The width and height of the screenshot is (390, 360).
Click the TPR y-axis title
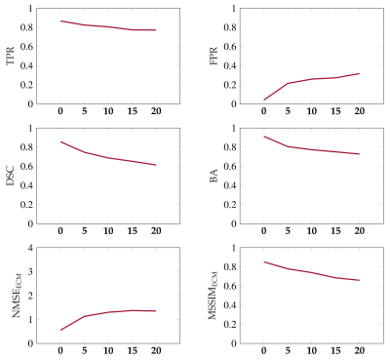[x=11, y=56]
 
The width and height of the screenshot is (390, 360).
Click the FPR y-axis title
[x=214, y=56]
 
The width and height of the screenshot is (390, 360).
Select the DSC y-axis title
[x=11, y=176]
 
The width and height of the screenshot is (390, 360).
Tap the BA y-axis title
[x=214, y=176]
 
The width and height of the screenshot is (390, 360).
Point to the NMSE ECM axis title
[x=17, y=296]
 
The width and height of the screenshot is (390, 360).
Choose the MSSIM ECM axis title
[x=213, y=296]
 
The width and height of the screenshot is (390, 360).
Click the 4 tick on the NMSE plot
[x=30, y=248]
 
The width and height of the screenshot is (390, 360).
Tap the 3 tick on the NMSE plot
[x=30, y=272]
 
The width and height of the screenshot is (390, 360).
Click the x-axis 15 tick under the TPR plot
[x=132, y=111]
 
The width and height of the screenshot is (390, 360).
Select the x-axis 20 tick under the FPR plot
[x=359, y=111]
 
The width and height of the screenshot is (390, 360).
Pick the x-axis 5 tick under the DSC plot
[x=85, y=231]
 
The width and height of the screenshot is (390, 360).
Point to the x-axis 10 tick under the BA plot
[x=311, y=231]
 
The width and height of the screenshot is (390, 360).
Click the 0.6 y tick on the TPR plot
[x=27, y=47]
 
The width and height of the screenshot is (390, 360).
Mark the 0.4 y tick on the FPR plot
[x=230, y=65]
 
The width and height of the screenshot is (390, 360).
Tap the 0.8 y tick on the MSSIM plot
[x=230, y=267]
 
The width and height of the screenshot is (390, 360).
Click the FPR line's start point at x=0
[x=264, y=100]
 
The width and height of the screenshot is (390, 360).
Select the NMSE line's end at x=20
[x=156, y=311]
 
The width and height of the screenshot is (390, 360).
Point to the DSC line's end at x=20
[x=156, y=165]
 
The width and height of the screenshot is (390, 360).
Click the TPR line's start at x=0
[x=60, y=20]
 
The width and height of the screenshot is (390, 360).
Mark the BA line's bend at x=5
[x=288, y=146]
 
